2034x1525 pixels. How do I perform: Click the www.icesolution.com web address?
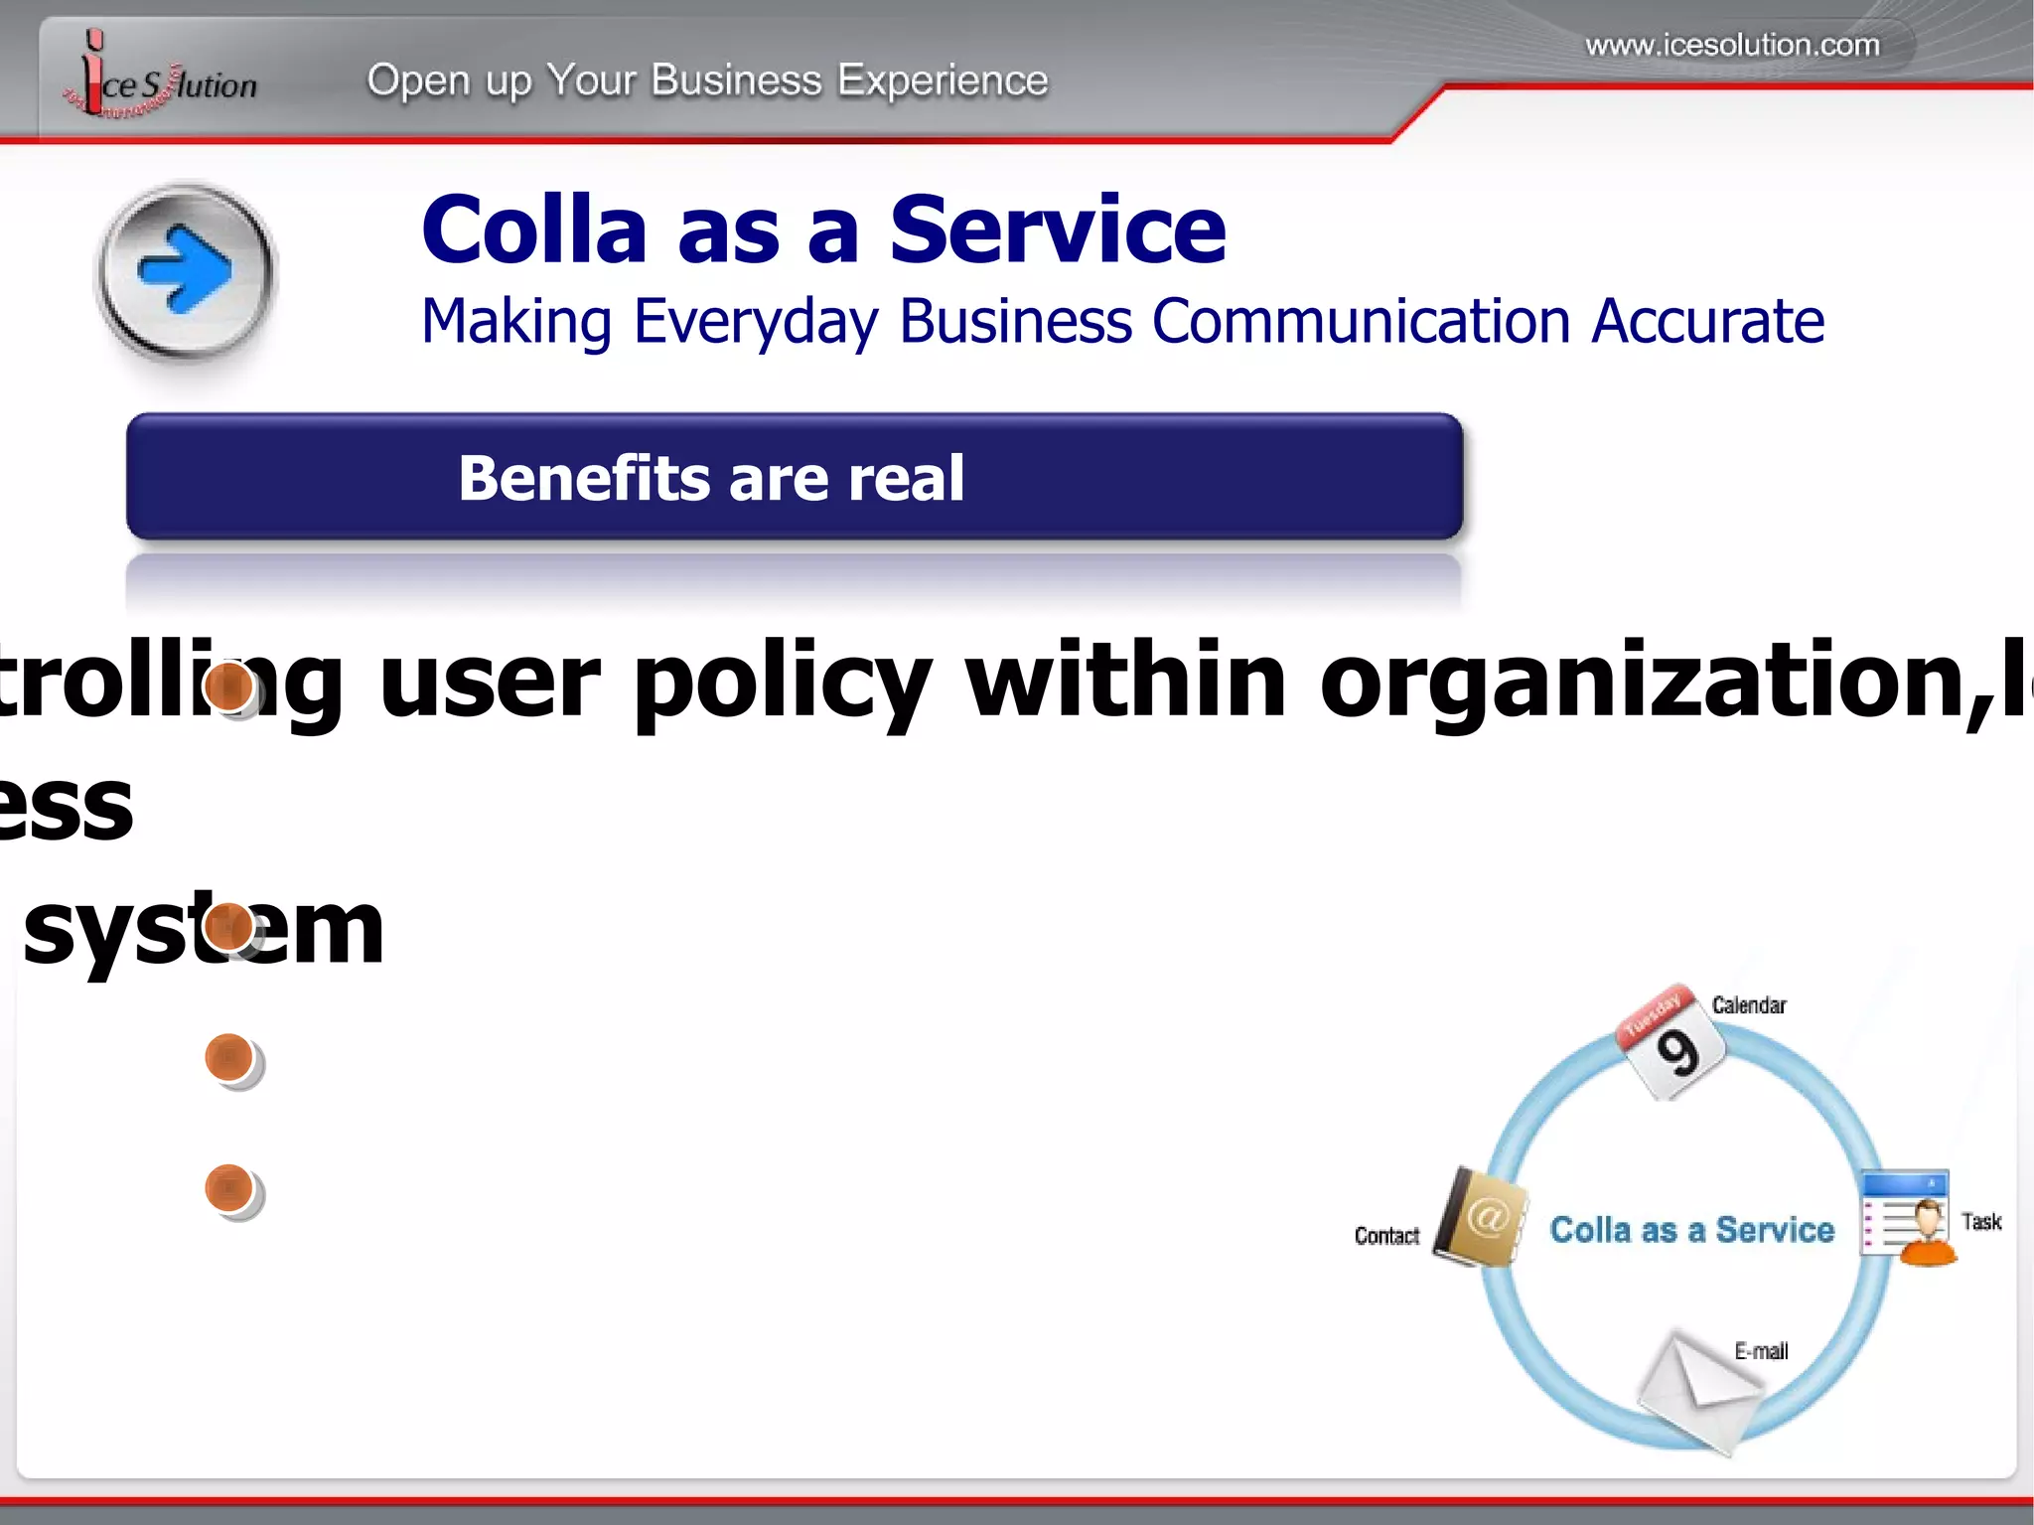[x=1732, y=46]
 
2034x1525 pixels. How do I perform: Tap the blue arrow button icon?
[x=186, y=269]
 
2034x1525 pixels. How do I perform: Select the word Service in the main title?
[x=1058, y=230]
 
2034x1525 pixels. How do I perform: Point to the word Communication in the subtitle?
[x=1361, y=322]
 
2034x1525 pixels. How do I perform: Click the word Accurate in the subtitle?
[x=1707, y=322]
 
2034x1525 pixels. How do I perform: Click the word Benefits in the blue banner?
[x=586, y=479]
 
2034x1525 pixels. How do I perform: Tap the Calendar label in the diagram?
[x=1749, y=1005]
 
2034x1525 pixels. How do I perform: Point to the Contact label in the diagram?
[x=1386, y=1236]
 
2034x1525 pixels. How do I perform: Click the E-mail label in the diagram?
[x=1761, y=1351]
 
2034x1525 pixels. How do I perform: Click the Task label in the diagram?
[x=1980, y=1222]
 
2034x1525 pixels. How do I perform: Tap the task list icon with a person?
[x=1908, y=1218]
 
